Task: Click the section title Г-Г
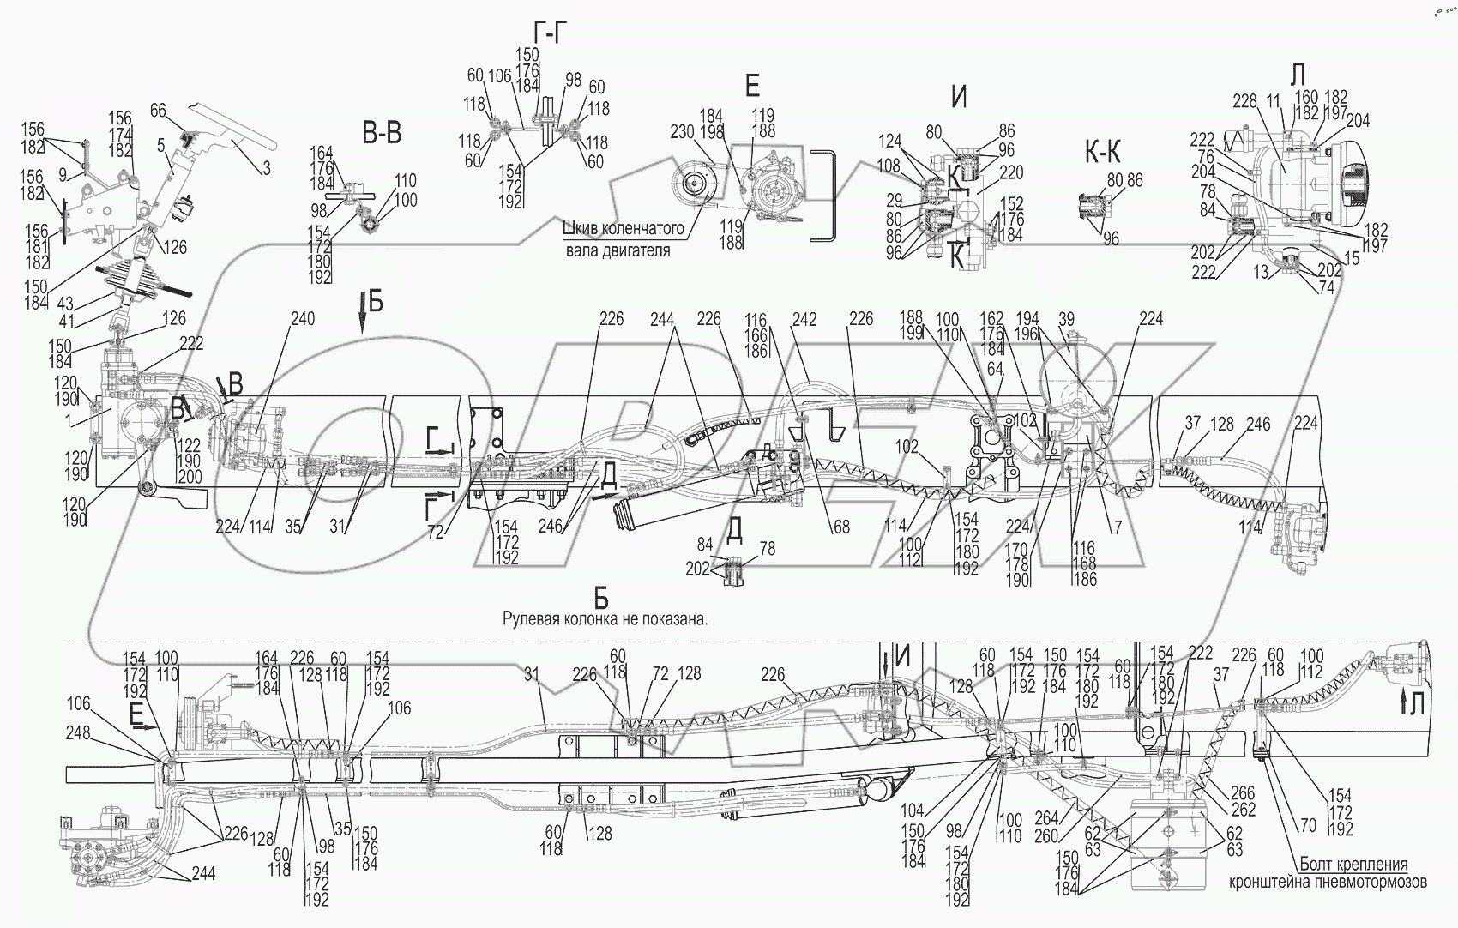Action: (549, 33)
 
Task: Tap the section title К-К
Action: (1101, 154)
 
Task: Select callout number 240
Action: (302, 319)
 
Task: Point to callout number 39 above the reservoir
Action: (1066, 319)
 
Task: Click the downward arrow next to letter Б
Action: (363, 316)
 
